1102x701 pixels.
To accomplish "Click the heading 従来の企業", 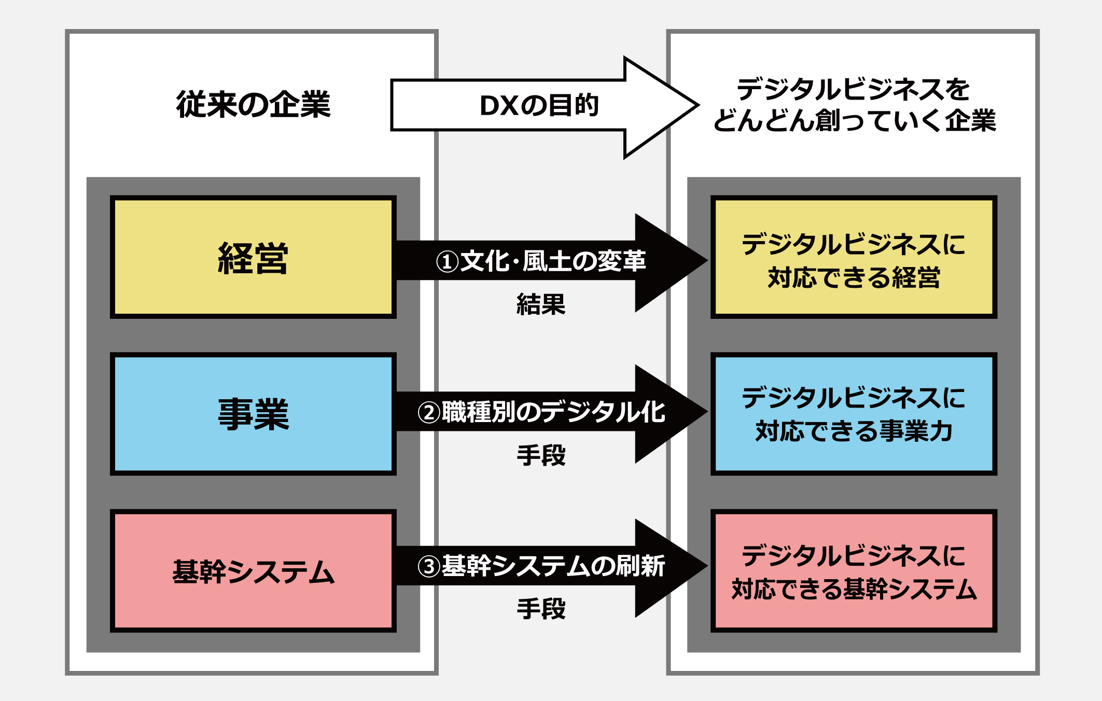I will pyautogui.click(x=253, y=104).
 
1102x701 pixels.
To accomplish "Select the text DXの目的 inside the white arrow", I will pyautogui.click(x=539, y=105).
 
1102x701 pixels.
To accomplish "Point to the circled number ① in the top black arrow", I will pyautogui.click(x=447, y=261).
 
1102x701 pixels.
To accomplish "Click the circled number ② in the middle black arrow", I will pyautogui.click(x=429, y=413).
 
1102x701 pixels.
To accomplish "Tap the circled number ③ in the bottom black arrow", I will pyautogui.click(x=429, y=566).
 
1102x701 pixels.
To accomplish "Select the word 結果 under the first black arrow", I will pyautogui.click(x=541, y=304).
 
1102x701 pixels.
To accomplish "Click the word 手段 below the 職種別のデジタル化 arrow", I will pyautogui.click(x=541, y=455).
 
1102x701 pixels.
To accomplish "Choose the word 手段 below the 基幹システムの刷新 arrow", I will pyautogui.click(x=541, y=609).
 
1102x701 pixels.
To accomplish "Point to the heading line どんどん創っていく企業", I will pyautogui.click(x=854, y=121).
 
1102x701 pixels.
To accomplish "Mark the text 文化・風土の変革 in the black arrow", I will pyautogui.click(x=553, y=261).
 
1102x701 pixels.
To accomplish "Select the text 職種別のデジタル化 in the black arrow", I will pyautogui.click(x=553, y=412).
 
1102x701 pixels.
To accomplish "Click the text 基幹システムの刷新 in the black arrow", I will pyautogui.click(x=553, y=566).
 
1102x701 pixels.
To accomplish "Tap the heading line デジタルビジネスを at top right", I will pyautogui.click(x=853, y=89).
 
